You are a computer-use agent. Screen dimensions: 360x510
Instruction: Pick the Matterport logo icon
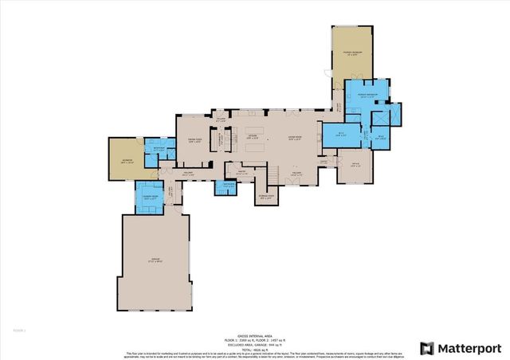click(x=427, y=348)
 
